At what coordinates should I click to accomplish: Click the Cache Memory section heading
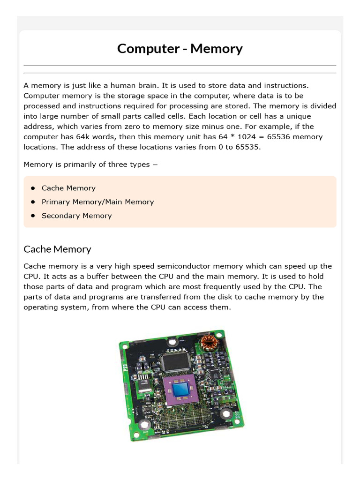pos(57,249)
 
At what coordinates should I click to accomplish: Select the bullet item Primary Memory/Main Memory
pos(97,202)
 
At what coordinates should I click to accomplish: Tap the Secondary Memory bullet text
pos(76,216)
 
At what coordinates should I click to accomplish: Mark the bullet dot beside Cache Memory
pos(33,188)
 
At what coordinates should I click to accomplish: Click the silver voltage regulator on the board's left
pos(144,386)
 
